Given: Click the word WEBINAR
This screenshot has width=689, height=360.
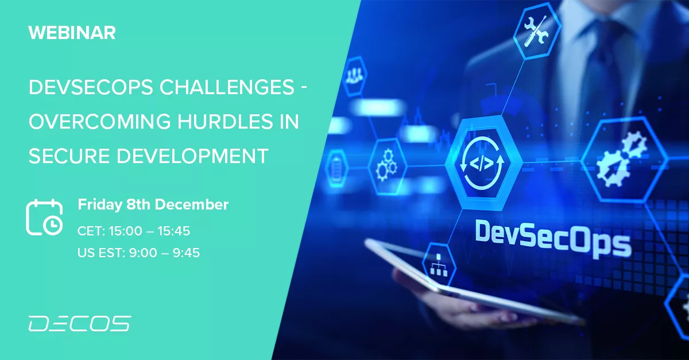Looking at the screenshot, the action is coord(72,33).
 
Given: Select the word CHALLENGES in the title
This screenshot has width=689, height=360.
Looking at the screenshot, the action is coord(227,87).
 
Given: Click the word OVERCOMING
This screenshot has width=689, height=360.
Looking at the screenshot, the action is coord(100,122).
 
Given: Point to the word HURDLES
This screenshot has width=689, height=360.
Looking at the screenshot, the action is coord(225,122).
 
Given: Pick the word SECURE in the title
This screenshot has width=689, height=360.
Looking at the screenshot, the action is coord(69,156).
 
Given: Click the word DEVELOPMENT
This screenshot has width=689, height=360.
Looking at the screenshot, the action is coord(192,156).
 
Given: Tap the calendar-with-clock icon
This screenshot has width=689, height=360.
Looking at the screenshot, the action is coord(45,217).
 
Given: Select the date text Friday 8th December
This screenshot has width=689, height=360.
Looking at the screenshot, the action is coord(153,205).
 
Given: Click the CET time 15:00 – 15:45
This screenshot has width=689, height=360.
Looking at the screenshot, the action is coord(149,231).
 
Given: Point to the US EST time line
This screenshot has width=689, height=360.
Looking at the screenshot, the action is coord(139,253).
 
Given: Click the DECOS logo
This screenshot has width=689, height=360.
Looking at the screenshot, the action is coord(80,323).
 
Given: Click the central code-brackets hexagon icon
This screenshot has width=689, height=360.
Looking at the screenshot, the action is coord(482,162).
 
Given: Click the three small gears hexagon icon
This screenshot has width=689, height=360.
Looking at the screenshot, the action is coord(386,166).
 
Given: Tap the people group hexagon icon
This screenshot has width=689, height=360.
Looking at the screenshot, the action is coord(355,76).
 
